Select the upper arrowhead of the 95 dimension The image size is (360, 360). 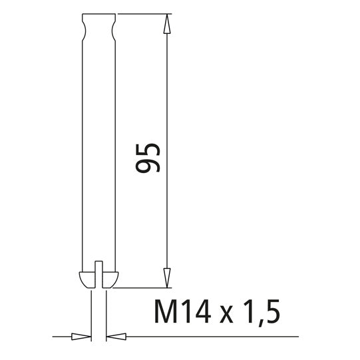click(166, 23)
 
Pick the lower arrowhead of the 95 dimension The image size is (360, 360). click(166, 279)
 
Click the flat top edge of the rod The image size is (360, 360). click(99, 15)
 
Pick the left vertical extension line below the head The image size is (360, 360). click(91, 313)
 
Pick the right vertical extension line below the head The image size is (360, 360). click(105, 313)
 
